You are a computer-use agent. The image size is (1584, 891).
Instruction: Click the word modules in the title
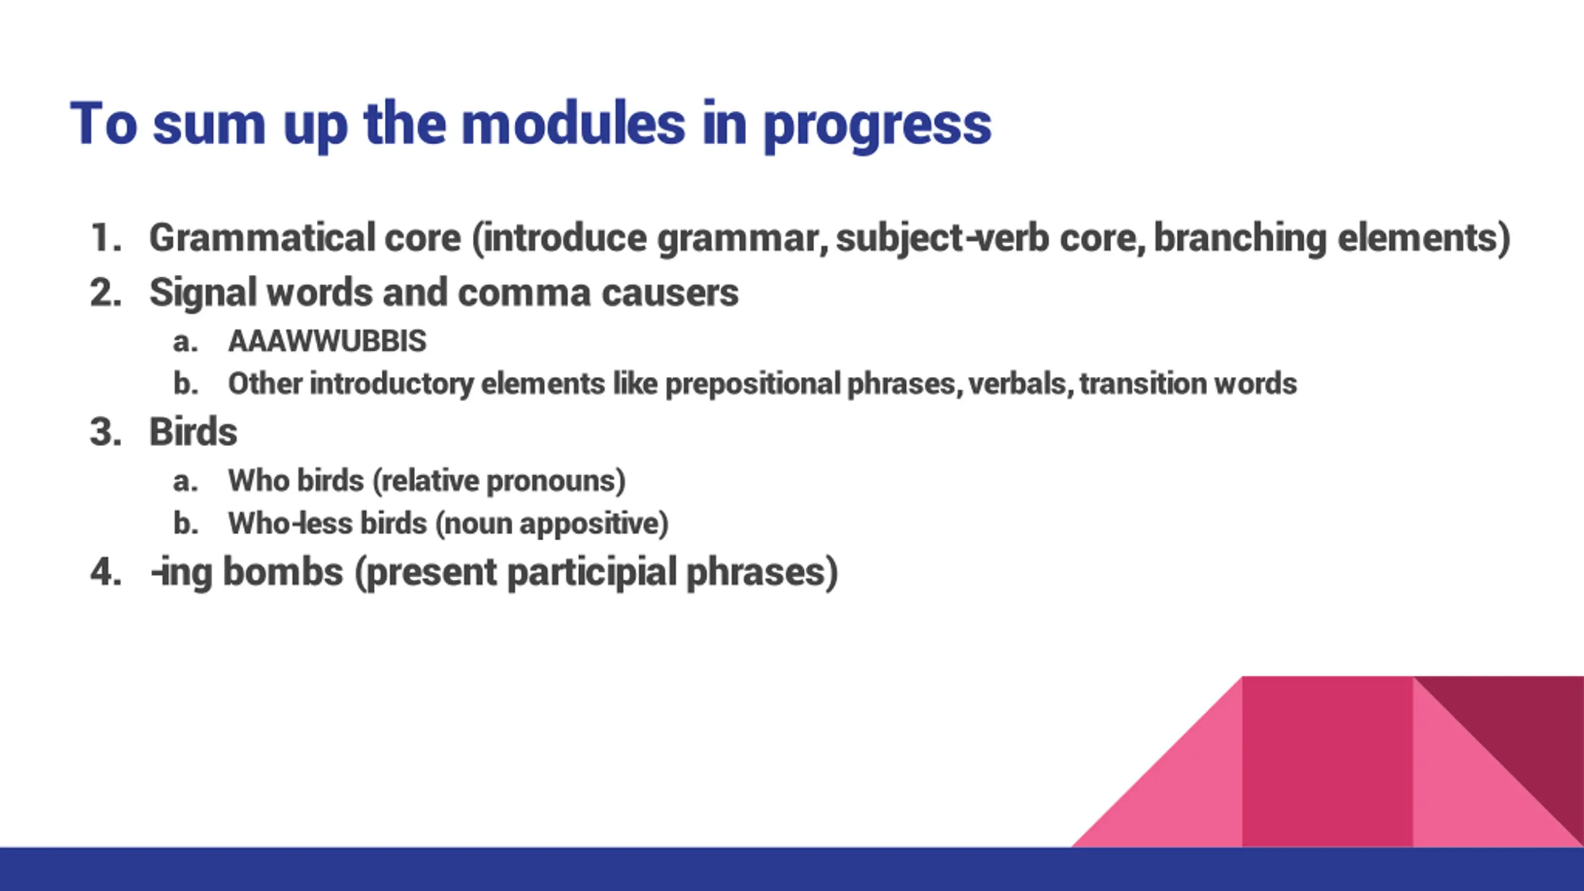(574, 124)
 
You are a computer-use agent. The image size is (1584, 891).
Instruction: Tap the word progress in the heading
(877, 127)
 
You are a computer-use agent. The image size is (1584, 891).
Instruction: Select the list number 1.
(105, 238)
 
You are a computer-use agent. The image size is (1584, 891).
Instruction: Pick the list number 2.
(105, 292)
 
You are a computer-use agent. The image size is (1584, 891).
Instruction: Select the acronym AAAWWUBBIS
(327, 341)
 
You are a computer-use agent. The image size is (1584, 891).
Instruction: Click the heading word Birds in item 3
(193, 431)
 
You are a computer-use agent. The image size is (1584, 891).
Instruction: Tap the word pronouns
(556, 481)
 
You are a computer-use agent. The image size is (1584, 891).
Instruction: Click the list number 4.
(105, 571)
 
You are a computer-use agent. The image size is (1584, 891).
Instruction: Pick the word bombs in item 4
(283, 571)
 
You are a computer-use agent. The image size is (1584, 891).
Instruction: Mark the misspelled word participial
(592, 573)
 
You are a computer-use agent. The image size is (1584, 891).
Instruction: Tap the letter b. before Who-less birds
(186, 524)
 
